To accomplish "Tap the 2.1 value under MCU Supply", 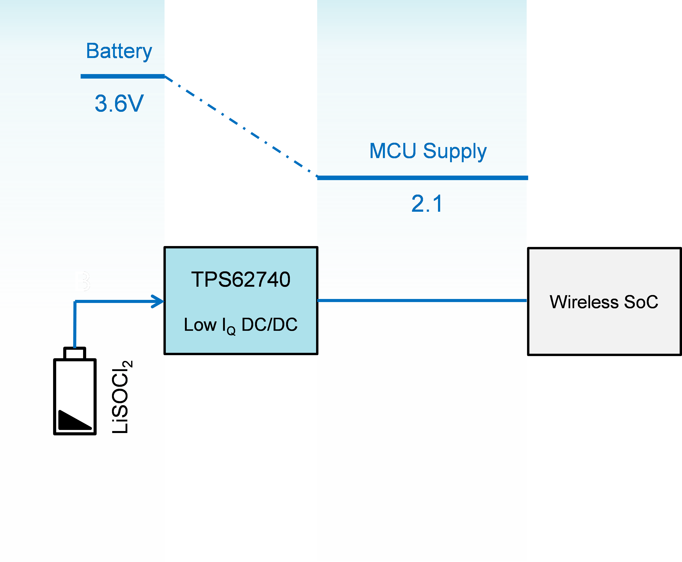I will [x=427, y=204].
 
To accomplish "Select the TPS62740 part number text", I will [x=241, y=280].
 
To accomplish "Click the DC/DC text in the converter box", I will [x=269, y=325].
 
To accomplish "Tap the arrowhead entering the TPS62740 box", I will [x=159, y=301].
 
